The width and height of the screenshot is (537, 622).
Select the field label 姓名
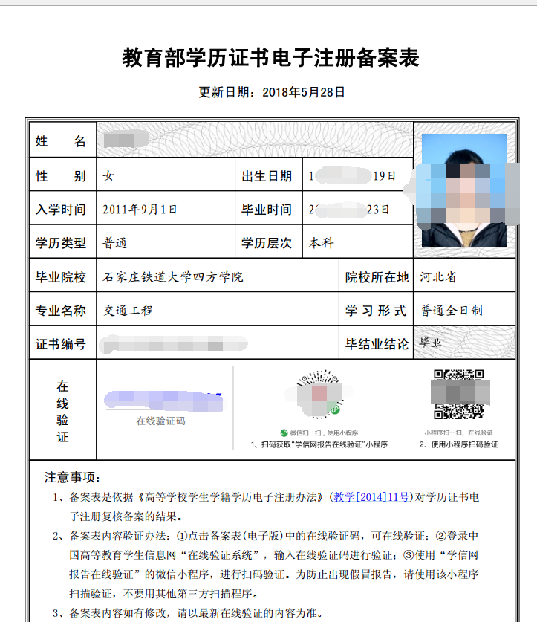point(61,141)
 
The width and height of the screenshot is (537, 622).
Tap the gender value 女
point(109,176)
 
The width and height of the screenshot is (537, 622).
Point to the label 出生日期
point(267,176)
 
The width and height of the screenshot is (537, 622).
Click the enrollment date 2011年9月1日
point(140,210)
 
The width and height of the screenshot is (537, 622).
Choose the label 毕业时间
point(267,210)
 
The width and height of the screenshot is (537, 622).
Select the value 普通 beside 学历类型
point(115,243)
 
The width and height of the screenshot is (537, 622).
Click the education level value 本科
point(322,243)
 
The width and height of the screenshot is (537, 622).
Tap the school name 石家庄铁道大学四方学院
point(173,277)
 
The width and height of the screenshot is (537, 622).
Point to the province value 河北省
point(437,277)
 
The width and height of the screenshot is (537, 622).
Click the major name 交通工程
point(128,311)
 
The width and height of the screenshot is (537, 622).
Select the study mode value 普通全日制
point(451,311)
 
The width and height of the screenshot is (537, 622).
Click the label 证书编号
point(61,344)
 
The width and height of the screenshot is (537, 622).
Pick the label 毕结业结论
point(377,344)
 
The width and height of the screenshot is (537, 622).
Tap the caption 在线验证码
point(160,421)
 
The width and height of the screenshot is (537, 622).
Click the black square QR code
point(458,395)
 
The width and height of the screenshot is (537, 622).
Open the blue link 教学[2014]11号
point(371,497)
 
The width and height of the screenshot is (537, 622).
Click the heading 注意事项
point(72,477)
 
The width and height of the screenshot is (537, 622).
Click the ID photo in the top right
point(463,190)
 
